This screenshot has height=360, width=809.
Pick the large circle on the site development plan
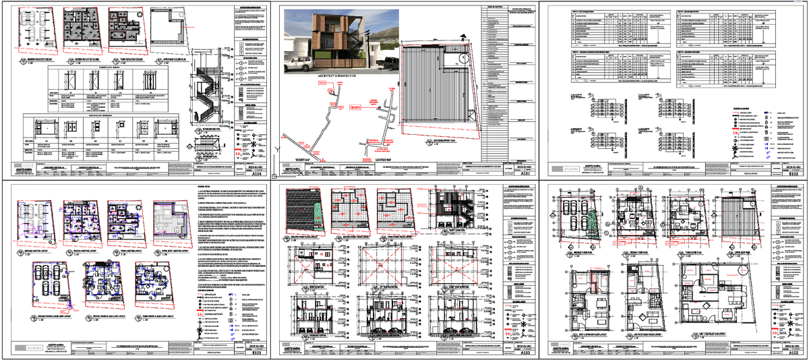[x=465, y=59]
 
